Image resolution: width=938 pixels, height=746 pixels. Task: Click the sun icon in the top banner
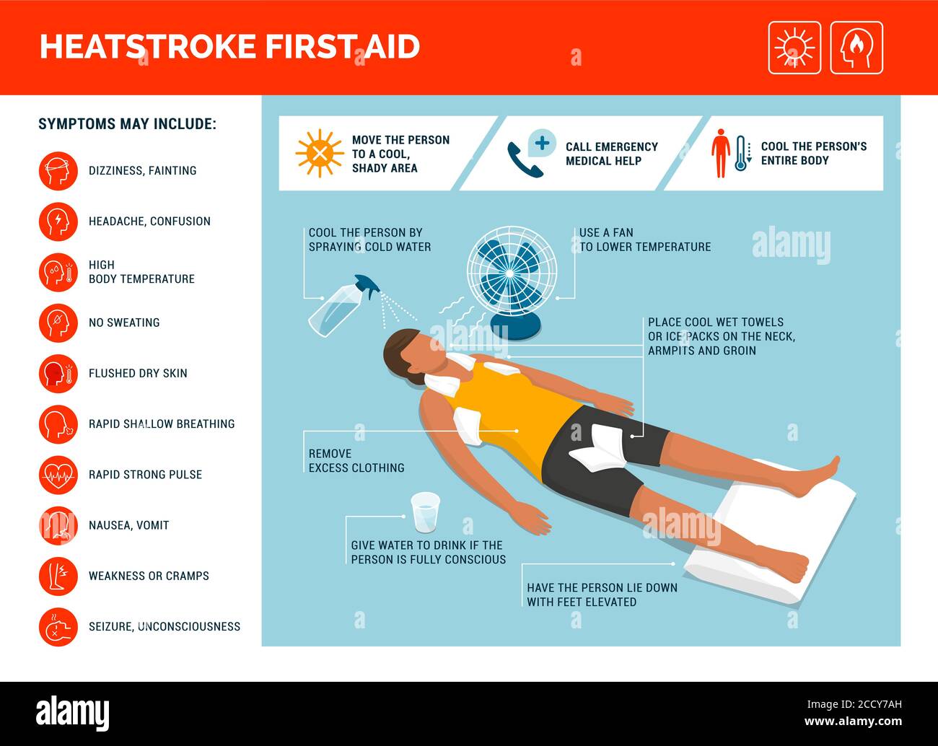point(794,48)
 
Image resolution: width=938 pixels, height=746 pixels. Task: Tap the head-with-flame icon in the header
point(856,48)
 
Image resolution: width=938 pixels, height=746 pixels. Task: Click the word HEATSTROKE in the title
point(148,47)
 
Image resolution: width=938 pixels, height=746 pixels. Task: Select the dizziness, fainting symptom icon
point(58,171)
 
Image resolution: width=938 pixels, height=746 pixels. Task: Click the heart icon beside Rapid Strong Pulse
point(58,475)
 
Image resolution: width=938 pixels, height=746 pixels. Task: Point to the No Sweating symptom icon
point(58,322)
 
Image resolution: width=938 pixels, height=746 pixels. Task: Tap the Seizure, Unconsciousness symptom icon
point(58,626)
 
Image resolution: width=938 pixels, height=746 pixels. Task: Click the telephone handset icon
point(525,160)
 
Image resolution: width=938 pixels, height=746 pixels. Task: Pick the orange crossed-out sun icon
point(320,153)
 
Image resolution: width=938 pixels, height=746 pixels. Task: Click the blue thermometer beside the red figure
point(740,153)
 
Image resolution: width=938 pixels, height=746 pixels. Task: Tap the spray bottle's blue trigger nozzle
point(367,286)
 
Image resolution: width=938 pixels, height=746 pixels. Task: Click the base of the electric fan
point(516,326)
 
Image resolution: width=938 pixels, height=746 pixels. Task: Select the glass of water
point(425,513)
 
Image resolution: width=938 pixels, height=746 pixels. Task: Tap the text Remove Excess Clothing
point(356,461)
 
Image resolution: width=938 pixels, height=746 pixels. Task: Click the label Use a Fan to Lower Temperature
point(645,240)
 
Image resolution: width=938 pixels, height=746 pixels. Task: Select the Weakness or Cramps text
point(149,576)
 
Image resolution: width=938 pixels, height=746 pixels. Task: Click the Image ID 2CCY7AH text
point(854,704)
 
